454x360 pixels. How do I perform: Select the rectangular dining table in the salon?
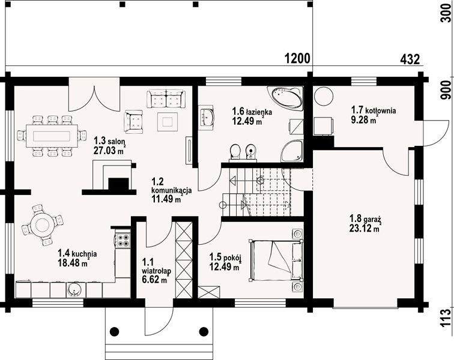[x=52, y=136]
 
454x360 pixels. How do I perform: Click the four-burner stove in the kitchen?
[x=122, y=239]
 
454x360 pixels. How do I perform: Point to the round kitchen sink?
[x=74, y=289]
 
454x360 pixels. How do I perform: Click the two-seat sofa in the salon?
[x=166, y=98]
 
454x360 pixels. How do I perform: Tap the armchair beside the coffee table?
[x=133, y=121]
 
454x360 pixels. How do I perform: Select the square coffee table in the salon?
[x=168, y=122]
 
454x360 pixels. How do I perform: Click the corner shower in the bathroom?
[x=292, y=151]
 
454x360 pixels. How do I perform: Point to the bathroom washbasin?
[x=207, y=116]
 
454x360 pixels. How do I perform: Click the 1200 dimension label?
[x=298, y=59]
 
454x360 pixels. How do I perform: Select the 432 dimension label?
[x=410, y=59]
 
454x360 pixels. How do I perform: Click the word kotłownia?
[x=381, y=110]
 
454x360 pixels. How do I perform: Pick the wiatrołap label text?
[x=156, y=271]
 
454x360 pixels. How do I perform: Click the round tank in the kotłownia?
[x=324, y=96]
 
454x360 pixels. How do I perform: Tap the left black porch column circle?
[x=115, y=331]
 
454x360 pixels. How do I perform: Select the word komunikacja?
[x=171, y=190]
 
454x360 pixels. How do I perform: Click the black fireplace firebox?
[x=118, y=184]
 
